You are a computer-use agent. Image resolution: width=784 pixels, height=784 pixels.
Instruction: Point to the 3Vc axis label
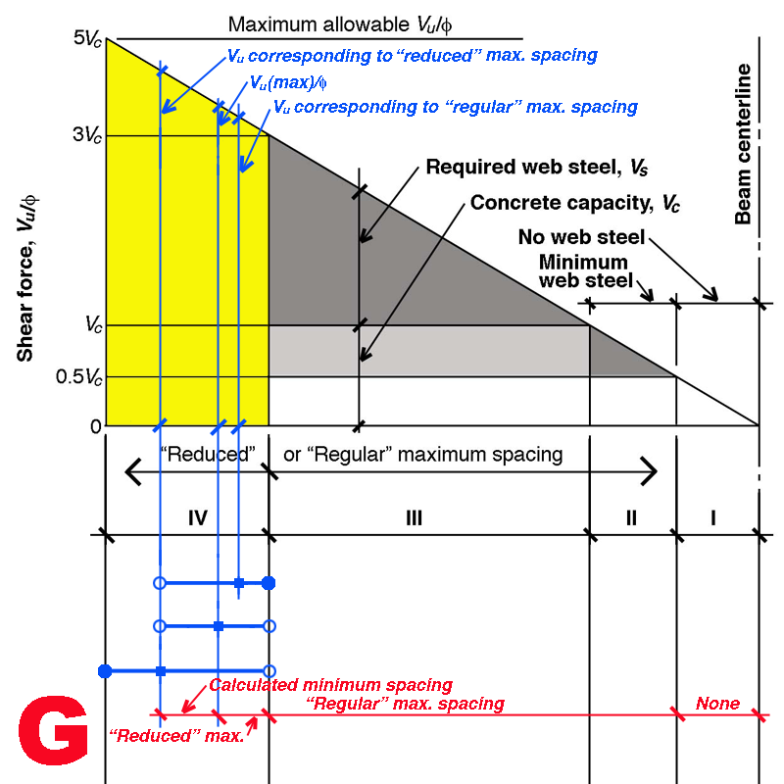[x=86, y=135]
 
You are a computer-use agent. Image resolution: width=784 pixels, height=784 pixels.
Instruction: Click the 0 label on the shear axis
[x=95, y=426]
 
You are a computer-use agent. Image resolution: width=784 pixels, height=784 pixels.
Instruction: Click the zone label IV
[x=198, y=517]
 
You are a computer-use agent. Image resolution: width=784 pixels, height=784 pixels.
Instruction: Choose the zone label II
[x=630, y=517]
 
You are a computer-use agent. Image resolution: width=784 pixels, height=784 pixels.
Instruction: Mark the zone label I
[x=713, y=517]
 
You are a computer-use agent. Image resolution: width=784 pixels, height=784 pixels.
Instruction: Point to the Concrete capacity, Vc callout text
[x=575, y=204]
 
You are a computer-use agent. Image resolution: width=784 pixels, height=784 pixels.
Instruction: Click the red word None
[x=717, y=704]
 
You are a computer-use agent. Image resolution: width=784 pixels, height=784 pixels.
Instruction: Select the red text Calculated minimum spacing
[x=330, y=685]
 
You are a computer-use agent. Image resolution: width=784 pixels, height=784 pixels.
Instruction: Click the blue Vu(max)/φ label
[x=289, y=83]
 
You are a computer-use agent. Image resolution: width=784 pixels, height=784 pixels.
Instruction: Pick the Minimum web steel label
[x=582, y=272]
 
